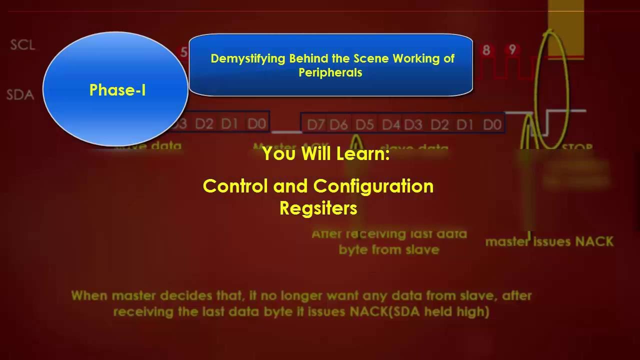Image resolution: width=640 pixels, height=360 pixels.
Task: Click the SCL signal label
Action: (x=23, y=44)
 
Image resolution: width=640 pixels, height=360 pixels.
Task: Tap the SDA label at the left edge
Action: (x=20, y=94)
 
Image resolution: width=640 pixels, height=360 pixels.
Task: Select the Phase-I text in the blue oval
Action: (x=117, y=90)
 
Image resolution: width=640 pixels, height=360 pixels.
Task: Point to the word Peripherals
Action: (x=330, y=72)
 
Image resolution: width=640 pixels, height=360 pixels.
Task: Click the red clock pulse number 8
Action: (x=485, y=50)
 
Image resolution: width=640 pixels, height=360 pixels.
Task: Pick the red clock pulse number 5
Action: (x=184, y=52)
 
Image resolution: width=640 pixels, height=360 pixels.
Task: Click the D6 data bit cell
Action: (x=338, y=124)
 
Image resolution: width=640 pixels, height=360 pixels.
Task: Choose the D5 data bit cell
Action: (x=364, y=124)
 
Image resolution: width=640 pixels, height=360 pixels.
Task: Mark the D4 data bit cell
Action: (x=391, y=124)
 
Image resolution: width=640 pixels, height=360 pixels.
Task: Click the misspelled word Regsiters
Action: (x=318, y=208)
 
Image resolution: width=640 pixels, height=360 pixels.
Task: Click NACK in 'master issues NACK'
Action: (x=594, y=241)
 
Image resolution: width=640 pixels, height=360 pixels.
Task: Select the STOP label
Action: (x=577, y=147)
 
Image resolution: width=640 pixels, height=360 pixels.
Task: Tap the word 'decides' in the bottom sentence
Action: (x=211, y=295)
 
